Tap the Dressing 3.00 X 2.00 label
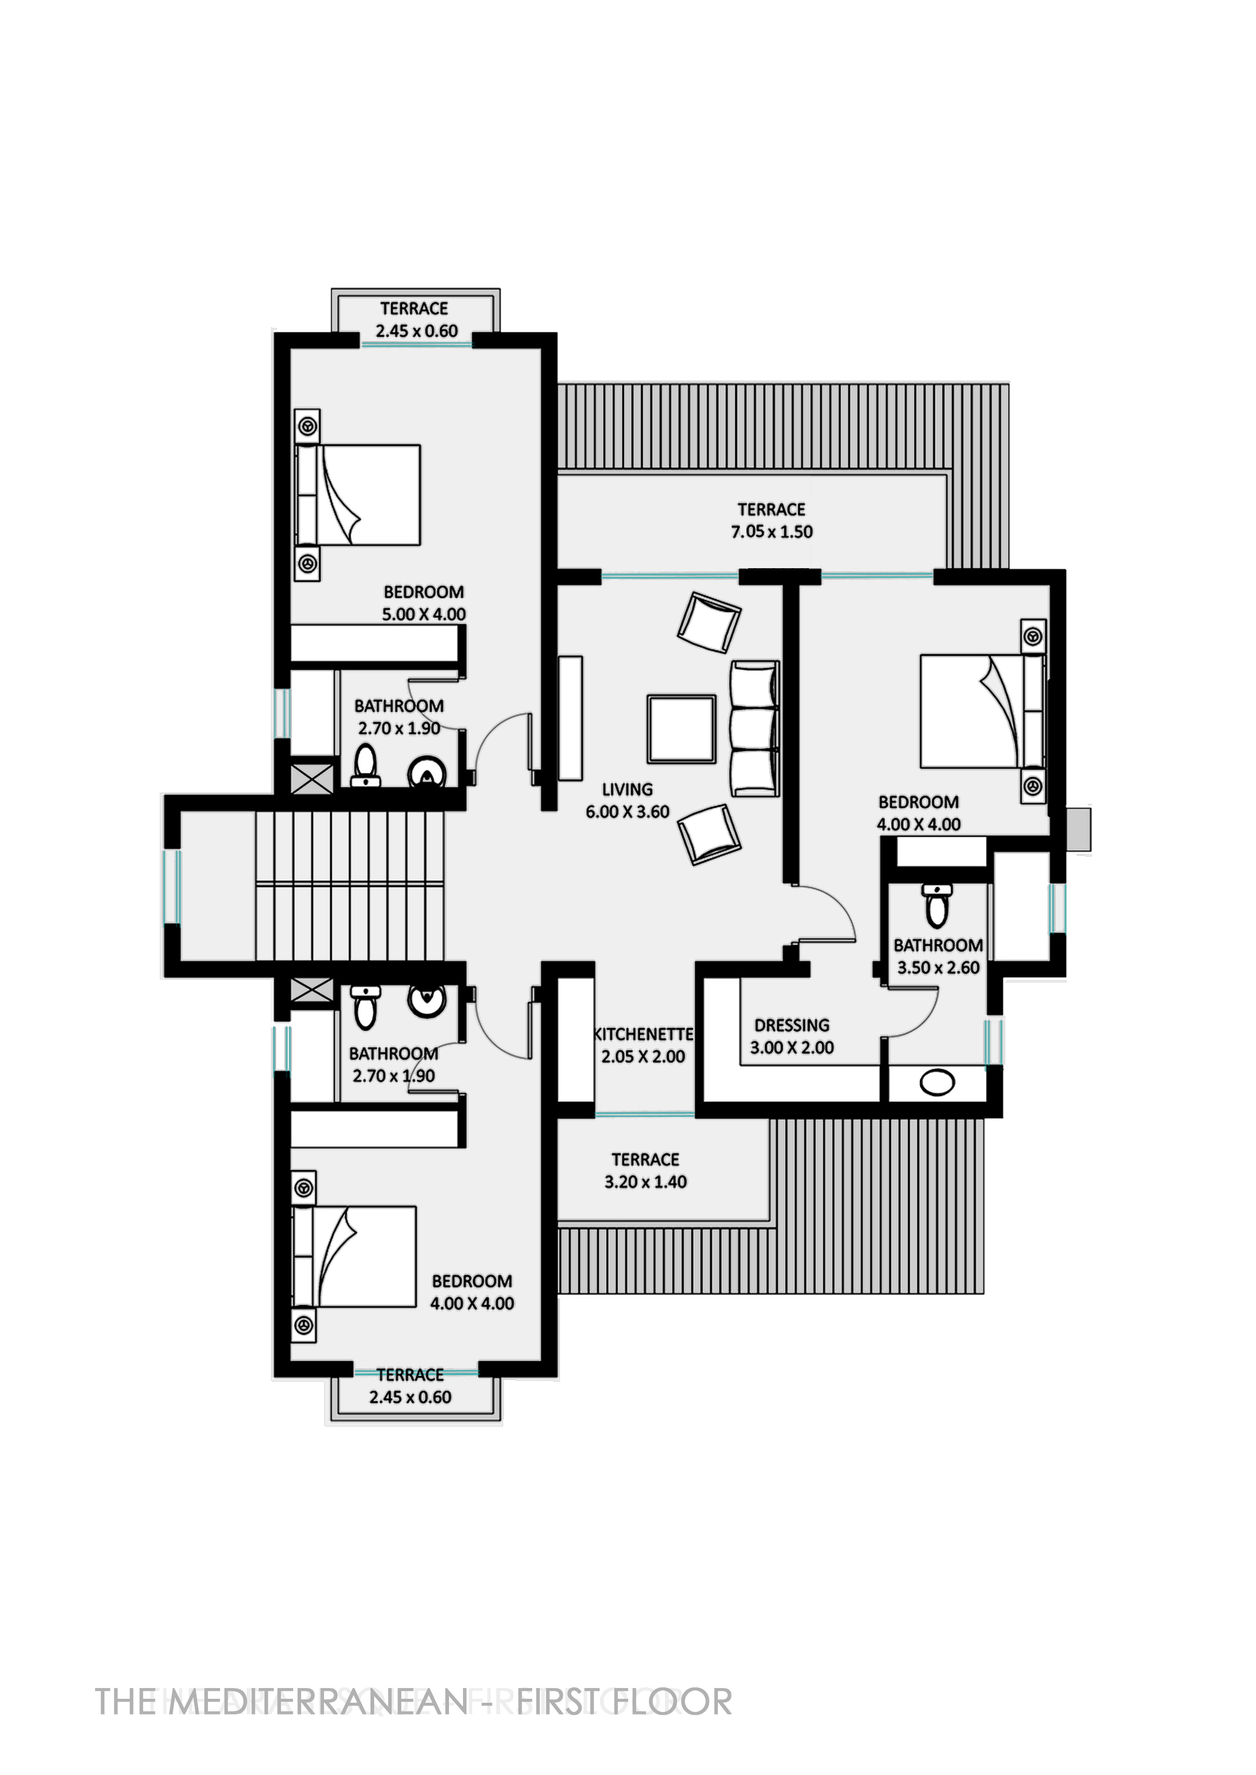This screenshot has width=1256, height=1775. pyautogui.click(x=792, y=1037)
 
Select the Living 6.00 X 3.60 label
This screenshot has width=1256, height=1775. pyautogui.click(x=627, y=800)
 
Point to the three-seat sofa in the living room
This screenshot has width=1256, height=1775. pyautogui.click(x=754, y=728)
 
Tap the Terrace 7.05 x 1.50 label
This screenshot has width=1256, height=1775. pyautogui.click(x=772, y=520)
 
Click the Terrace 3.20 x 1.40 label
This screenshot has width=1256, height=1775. pyautogui.click(x=646, y=1170)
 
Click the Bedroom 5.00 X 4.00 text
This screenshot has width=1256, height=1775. pyautogui.click(x=424, y=603)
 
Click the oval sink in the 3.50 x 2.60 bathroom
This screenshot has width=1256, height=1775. pyautogui.click(x=937, y=1082)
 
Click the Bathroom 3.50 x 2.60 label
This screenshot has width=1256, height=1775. pyautogui.click(x=938, y=956)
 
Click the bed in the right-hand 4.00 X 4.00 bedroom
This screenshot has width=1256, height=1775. pyautogui.click(x=982, y=711)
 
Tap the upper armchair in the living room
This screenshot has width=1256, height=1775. pyautogui.click(x=709, y=622)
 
